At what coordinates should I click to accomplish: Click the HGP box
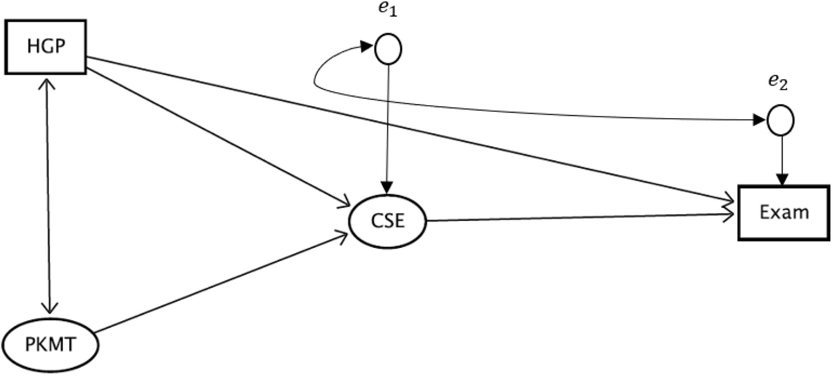(46, 47)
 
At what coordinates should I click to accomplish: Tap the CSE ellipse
(388, 221)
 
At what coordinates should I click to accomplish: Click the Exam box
(784, 212)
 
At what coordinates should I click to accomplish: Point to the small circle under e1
(388, 49)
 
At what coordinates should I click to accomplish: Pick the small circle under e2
(780, 121)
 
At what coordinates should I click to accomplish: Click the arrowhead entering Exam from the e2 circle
(782, 179)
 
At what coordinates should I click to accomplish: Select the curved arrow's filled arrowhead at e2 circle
(759, 120)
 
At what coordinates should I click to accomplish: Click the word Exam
(784, 212)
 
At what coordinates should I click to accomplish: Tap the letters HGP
(46, 47)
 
